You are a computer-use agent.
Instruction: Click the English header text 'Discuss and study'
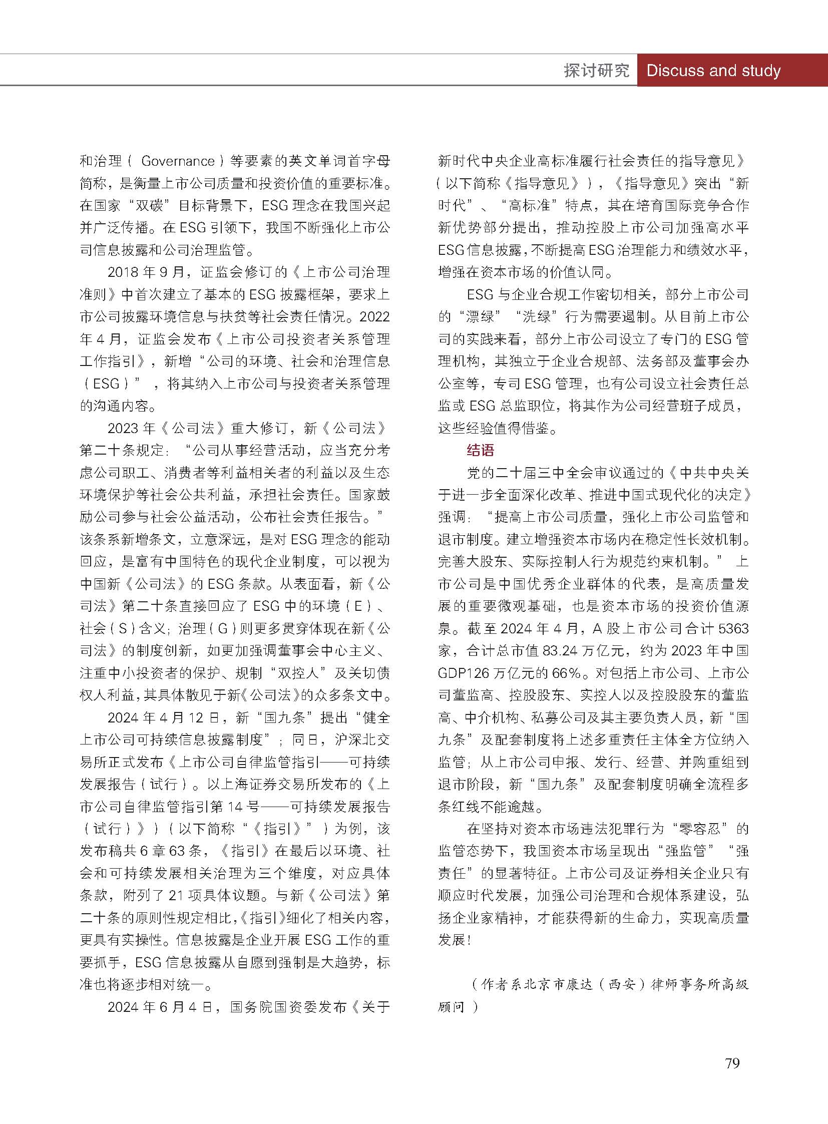pos(713,70)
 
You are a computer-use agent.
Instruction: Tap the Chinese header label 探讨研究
pos(596,71)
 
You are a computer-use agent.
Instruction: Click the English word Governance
pos(178,161)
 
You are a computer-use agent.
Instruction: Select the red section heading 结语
pos(480,450)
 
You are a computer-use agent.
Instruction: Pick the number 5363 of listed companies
pos(733,628)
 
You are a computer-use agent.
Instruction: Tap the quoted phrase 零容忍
pos(700,829)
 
